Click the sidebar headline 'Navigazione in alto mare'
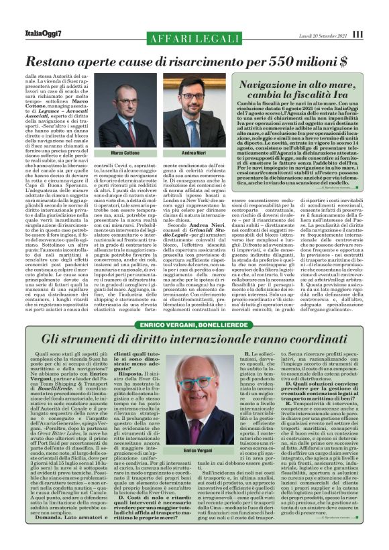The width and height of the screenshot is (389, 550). pyautogui.click(x=306, y=87)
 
